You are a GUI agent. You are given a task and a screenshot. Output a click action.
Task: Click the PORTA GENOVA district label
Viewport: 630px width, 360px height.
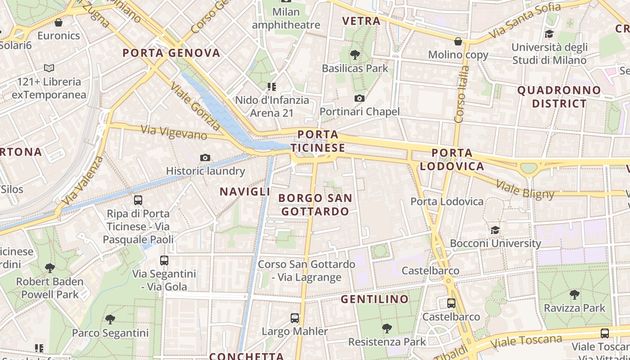[x=171, y=53]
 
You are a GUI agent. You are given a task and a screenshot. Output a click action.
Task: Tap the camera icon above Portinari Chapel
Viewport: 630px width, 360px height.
[x=360, y=98]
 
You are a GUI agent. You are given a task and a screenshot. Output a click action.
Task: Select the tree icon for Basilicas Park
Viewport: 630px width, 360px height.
[x=355, y=55]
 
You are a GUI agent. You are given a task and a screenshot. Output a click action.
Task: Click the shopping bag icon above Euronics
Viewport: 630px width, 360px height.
[x=58, y=22]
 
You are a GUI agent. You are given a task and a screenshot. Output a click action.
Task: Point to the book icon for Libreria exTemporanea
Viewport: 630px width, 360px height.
[x=49, y=68]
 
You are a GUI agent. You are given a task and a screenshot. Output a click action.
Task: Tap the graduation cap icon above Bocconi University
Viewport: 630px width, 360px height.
[x=495, y=230]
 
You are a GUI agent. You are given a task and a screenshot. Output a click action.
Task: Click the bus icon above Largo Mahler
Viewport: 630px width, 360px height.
[x=295, y=318]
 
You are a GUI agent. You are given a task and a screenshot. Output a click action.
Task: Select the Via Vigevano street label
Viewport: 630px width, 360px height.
[x=174, y=132]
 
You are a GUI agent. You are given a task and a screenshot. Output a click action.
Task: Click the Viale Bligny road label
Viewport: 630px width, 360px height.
[x=525, y=189]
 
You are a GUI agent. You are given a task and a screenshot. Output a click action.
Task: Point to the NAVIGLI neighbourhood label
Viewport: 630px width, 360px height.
[x=245, y=192]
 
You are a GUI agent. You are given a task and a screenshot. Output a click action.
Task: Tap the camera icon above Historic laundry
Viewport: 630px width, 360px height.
[x=205, y=157]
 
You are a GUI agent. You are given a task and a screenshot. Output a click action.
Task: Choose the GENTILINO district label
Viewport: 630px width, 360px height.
[x=374, y=299]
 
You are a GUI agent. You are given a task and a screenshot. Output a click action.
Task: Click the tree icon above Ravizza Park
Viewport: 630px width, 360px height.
[x=574, y=295]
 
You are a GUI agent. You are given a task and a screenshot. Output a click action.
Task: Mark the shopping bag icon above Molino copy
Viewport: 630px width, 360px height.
[x=458, y=42]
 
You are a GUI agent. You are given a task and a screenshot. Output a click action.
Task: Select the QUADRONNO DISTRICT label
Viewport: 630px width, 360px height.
[x=559, y=97]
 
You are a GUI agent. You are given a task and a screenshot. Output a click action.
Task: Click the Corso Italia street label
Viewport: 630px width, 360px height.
[x=461, y=94]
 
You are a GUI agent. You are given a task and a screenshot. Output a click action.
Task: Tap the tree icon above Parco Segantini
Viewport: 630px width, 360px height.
[x=110, y=319]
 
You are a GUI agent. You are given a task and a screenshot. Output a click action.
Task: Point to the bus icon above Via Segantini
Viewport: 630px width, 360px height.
[x=164, y=261]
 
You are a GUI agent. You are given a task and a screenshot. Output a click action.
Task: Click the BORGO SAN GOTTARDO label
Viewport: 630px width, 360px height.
[x=315, y=205]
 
